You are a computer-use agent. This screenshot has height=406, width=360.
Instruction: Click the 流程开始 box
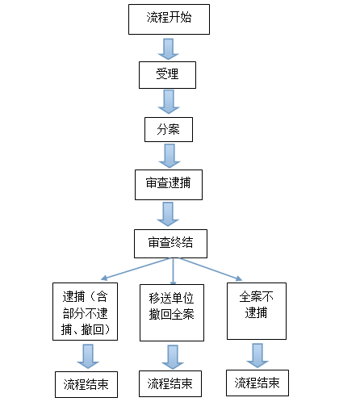(x=169, y=19)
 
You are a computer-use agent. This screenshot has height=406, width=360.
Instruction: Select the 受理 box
(x=167, y=75)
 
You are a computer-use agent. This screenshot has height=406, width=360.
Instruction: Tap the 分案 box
(x=169, y=129)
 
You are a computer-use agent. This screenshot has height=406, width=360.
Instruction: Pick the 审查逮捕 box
(x=169, y=185)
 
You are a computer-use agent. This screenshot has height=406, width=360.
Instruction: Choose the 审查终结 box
(x=170, y=244)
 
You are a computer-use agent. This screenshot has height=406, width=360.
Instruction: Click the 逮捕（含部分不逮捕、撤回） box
(x=85, y=312)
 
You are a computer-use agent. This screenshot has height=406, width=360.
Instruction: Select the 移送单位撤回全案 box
(x=172, y=312)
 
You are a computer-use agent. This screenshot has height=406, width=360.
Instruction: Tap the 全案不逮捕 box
(x=257, y=311)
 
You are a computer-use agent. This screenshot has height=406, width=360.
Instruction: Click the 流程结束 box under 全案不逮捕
(x=257, y=383)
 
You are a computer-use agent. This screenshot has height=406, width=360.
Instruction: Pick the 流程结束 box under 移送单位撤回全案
(x=170, y=383)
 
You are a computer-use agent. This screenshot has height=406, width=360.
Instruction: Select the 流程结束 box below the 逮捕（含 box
(x=86, y=384)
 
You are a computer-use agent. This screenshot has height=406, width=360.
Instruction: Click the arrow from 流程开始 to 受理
(x=169, y=49)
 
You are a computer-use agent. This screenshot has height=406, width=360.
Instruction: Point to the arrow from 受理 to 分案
(x=169, y=102)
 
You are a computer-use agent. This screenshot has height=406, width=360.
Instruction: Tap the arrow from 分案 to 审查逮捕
(x=170, y=156)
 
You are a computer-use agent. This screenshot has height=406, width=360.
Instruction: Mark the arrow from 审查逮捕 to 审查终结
(x=168, y=215)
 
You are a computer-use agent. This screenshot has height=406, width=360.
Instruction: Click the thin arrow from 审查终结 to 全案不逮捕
(x=211, y=270)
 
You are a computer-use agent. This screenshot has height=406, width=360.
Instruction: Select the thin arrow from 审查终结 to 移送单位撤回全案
(x=174, y=271)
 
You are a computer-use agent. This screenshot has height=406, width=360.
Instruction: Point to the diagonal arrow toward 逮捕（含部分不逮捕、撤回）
(x=136, y=269)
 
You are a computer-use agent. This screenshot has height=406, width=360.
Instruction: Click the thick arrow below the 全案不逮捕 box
(x=257, y=355)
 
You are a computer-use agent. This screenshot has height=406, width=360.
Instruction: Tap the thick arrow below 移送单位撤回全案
(x=173, y=358)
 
